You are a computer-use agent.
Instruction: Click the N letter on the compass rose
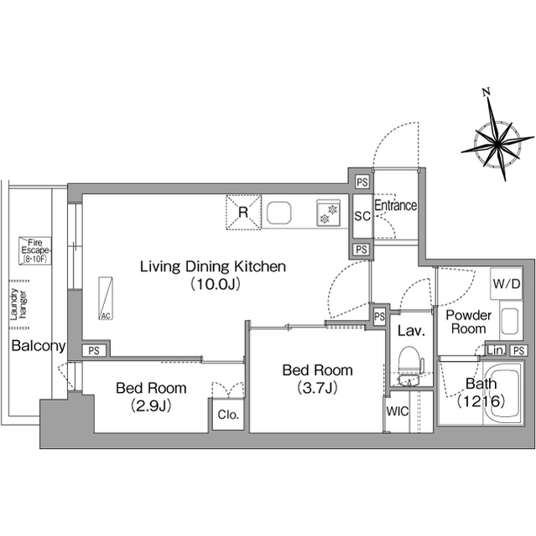[486, 92]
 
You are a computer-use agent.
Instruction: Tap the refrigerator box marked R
[243, 212]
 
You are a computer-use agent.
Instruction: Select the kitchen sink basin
[279, 213]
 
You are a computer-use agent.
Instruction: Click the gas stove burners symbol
[329, 213]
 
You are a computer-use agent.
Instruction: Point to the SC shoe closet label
[362, 216]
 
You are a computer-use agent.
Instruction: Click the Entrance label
[396, 205]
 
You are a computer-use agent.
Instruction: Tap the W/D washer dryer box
[507, 283]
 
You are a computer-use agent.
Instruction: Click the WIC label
[397, 411]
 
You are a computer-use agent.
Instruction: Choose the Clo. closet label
[228, 415]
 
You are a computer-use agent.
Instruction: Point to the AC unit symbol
[106, 298]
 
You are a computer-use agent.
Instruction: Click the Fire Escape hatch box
[35, 250]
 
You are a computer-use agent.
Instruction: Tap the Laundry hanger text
[18, 304]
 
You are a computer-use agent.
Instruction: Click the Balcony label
[39, 346]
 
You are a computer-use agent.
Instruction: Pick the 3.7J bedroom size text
[318, 388]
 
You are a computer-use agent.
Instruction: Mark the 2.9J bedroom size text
[151, 405]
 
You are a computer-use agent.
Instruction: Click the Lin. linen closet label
[496, 350]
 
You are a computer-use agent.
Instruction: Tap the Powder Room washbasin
[510, 320]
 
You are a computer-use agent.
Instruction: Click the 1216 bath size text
[481, 401]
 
